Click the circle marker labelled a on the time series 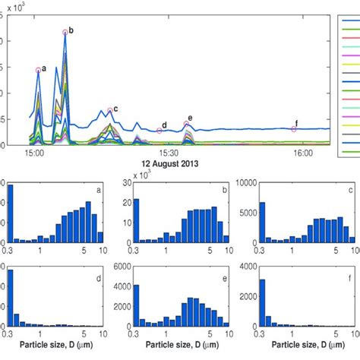(x=38, y=70)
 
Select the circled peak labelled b (x=65, y=32)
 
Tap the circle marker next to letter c (x=110, y=110)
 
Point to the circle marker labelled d (x=159, y=131)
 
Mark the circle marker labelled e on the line (x=187, y=125)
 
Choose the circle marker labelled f (x=295, y=129)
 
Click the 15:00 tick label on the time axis (x=33, y=153)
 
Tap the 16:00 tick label (x=303, y=153)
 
